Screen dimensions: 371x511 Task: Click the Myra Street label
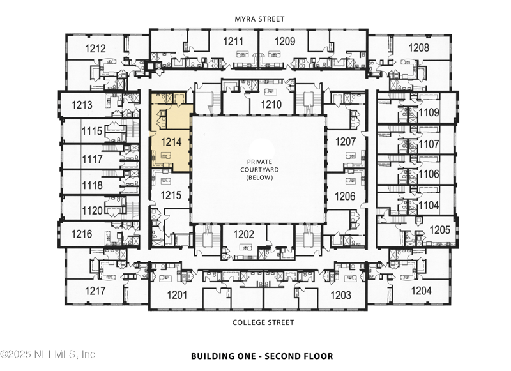point(261,19)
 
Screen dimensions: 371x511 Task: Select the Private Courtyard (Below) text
point(260,170)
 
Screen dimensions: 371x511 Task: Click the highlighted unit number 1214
point(171,142)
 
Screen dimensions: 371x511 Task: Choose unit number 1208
point(419,48)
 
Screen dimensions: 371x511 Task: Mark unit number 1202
point(243,234)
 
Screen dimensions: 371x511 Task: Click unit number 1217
point(95,291)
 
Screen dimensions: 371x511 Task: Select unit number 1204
point(421,291)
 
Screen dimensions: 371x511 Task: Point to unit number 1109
point(429,113)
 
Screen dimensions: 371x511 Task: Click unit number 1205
point(439,229)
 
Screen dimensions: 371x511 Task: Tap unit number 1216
point(82,234)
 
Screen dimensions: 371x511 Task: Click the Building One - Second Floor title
point(261,356)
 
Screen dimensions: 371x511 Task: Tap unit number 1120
point(92,210)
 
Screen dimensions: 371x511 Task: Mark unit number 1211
point(233,42)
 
